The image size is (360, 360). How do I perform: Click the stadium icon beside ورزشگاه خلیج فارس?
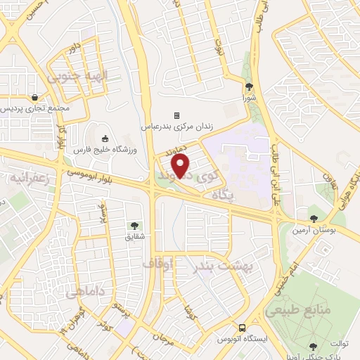(105, 138)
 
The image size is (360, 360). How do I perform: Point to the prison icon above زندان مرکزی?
(177, 115)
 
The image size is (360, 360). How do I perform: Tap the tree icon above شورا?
(250, 87)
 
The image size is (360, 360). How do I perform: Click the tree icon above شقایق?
(134, 226)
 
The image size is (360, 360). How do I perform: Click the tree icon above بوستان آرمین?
(313, 218)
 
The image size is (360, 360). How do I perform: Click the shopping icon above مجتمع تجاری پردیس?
(34, 97)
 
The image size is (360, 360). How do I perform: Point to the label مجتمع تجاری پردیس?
(34, 109)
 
